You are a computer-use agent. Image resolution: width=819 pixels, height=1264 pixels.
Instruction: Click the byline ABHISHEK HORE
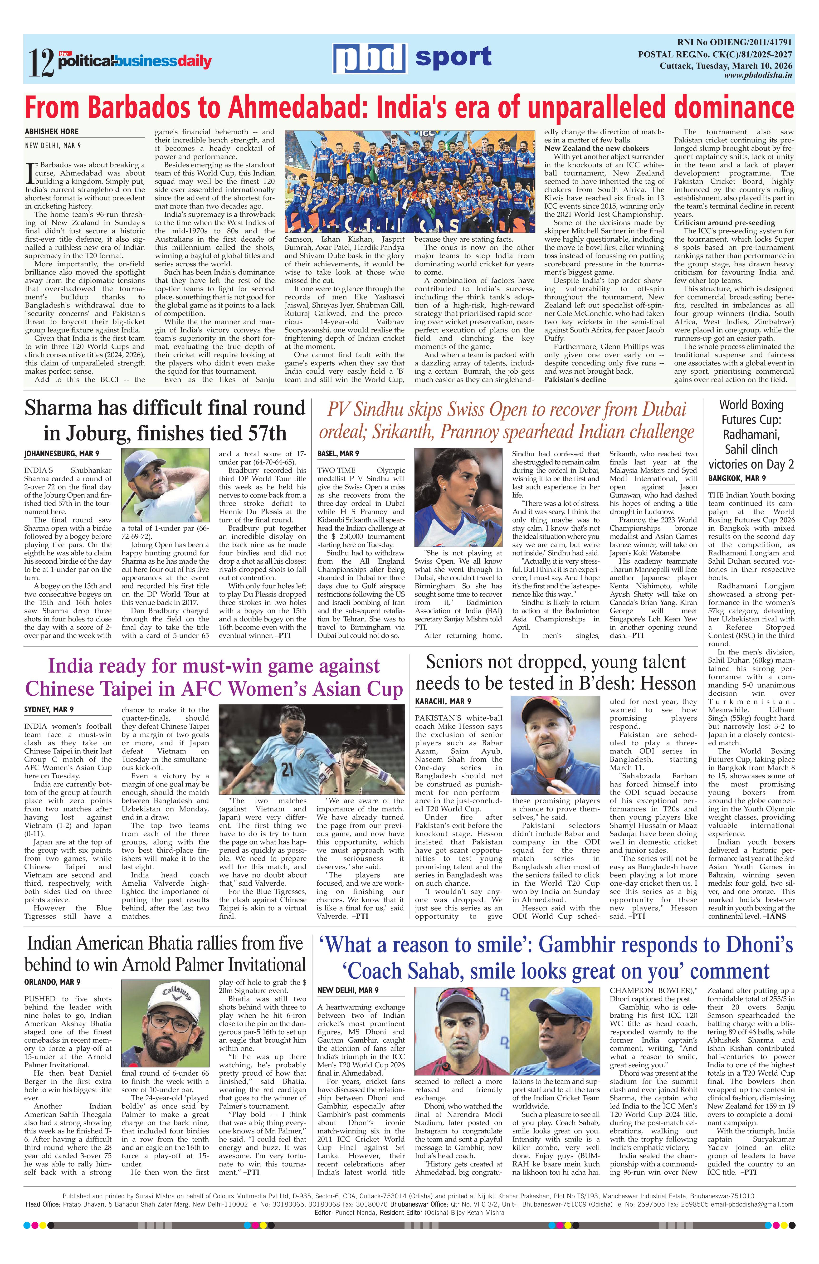coord(52,131)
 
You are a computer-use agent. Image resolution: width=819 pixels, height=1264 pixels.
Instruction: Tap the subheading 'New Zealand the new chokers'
coord(596,148)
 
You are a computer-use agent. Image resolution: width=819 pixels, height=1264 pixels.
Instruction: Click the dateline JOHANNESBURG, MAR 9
coord(61,454)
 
